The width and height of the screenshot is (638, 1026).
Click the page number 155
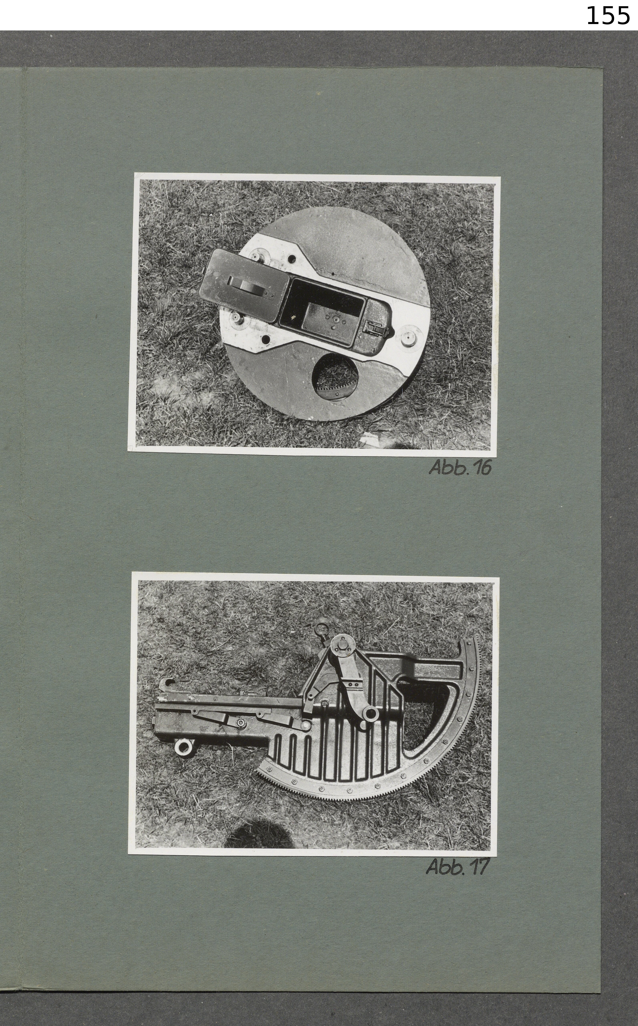(608, 16)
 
